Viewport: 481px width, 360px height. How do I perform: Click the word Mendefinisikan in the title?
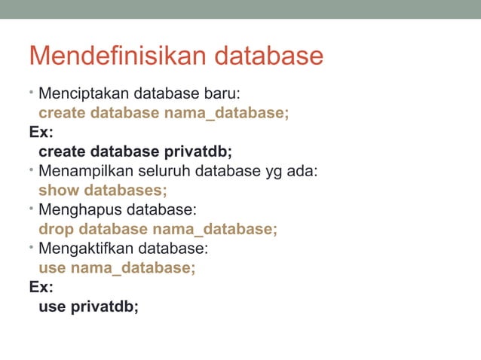click(118, 56)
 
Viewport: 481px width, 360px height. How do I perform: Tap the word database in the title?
click(268, 56)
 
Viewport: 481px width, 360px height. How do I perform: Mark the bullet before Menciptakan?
click(32, 93)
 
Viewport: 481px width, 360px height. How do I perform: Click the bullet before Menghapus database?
click(32, 208)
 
